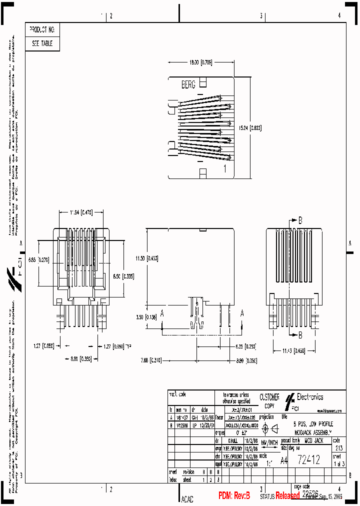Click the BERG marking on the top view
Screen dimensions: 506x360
[188, 85]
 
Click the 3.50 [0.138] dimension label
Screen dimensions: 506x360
[146, 317]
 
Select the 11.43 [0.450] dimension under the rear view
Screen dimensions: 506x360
[294, 351]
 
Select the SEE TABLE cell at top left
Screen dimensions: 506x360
[42, 43]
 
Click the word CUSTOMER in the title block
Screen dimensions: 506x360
[269, 397]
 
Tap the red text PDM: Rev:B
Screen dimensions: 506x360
[234, 495]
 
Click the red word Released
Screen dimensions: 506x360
[287, 496]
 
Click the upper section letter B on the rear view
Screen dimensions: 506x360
[300, 219]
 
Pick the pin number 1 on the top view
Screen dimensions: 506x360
[225, 168]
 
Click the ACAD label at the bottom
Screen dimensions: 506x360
[187, 499]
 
